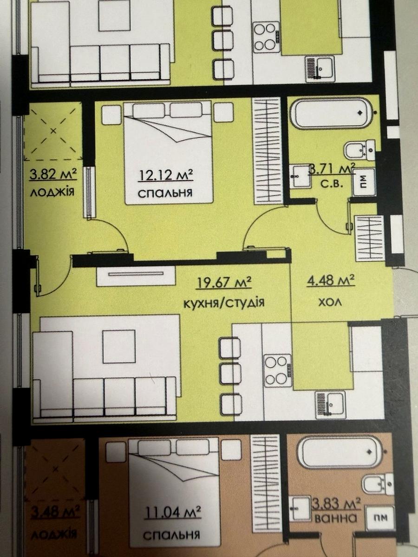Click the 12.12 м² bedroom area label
coord(165,175)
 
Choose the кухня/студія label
coord(223,303)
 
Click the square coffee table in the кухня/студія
coord(119,346)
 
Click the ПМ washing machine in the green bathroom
coord(364,181)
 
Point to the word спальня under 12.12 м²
coord(165,193)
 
